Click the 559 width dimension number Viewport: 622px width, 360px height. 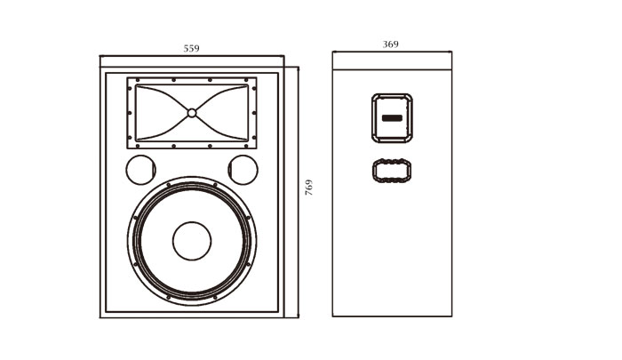click(191, 49)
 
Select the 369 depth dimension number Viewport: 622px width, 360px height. click(390, 44)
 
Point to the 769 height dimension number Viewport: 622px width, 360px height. click(308, 188)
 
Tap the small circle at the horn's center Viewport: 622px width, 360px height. click(192, 112)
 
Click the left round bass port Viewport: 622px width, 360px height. click(139, 168)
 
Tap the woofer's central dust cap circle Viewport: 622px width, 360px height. click(192, 240)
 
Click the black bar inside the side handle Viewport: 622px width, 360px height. click(392, 117)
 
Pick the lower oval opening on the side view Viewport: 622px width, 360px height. click(392, 169)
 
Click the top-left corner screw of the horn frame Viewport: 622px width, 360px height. click(131, 83)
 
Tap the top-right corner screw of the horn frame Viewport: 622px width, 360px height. click(253, 83)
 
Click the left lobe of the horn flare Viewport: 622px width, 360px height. click(160, 112)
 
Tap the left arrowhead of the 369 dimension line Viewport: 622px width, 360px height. click(334, 52)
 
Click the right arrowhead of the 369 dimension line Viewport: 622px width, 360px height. click(451, 52)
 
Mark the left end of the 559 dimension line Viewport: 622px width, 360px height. click(100, 57)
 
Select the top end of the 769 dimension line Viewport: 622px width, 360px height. click(297, 65)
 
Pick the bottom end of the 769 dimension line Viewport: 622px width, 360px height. click(297, 316)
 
